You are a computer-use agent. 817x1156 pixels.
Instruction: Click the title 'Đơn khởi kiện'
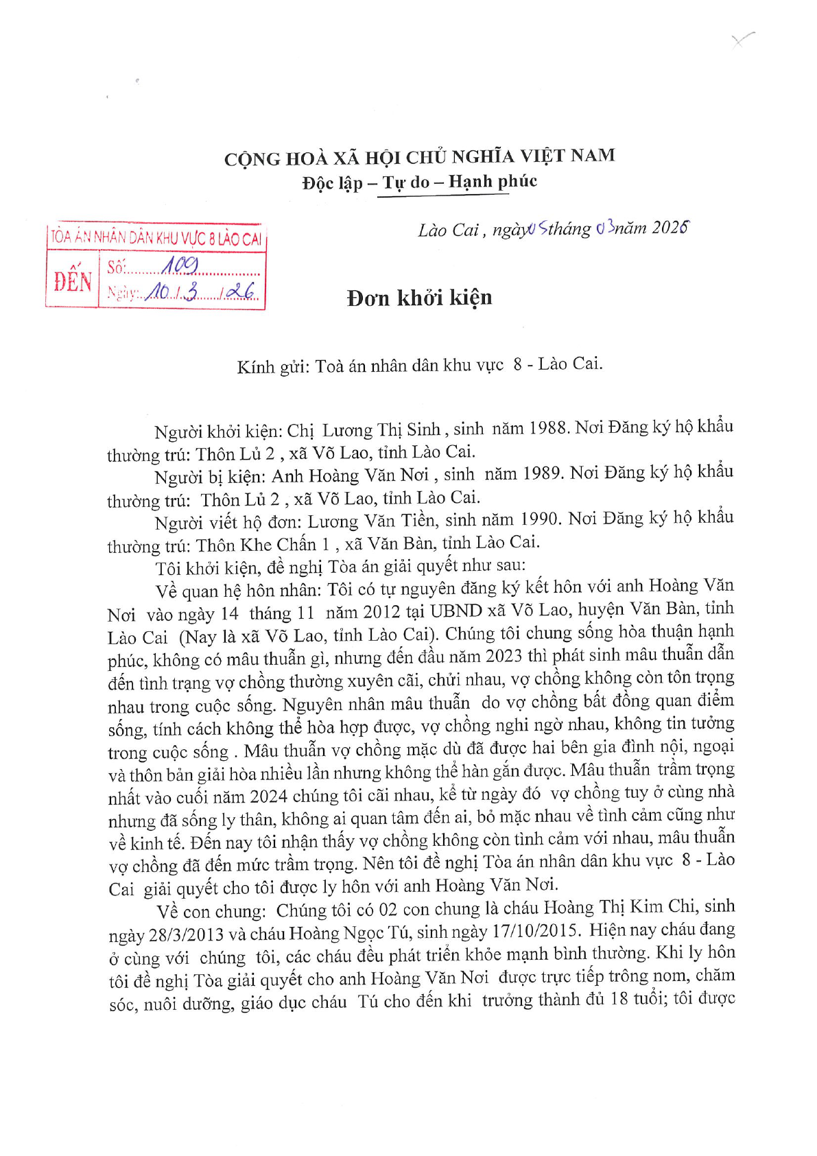click(x=419, y=298)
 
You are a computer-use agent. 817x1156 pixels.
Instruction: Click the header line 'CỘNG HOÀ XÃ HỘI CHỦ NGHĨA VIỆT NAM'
click(x=419, y=157)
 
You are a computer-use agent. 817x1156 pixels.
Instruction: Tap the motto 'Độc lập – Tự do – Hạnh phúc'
click(x=419, y=182)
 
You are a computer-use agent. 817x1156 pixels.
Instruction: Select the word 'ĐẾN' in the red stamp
click(x=73, y=281)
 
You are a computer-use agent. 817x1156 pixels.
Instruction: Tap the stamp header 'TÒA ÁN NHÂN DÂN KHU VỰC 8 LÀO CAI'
click(x=156, y=237)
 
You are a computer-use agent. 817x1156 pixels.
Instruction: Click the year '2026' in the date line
click(x=670, y=227)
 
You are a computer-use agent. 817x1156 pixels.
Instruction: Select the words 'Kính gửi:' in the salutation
click(x=273, y=367)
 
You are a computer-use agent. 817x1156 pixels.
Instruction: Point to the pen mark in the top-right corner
click(x=742, y=39)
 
